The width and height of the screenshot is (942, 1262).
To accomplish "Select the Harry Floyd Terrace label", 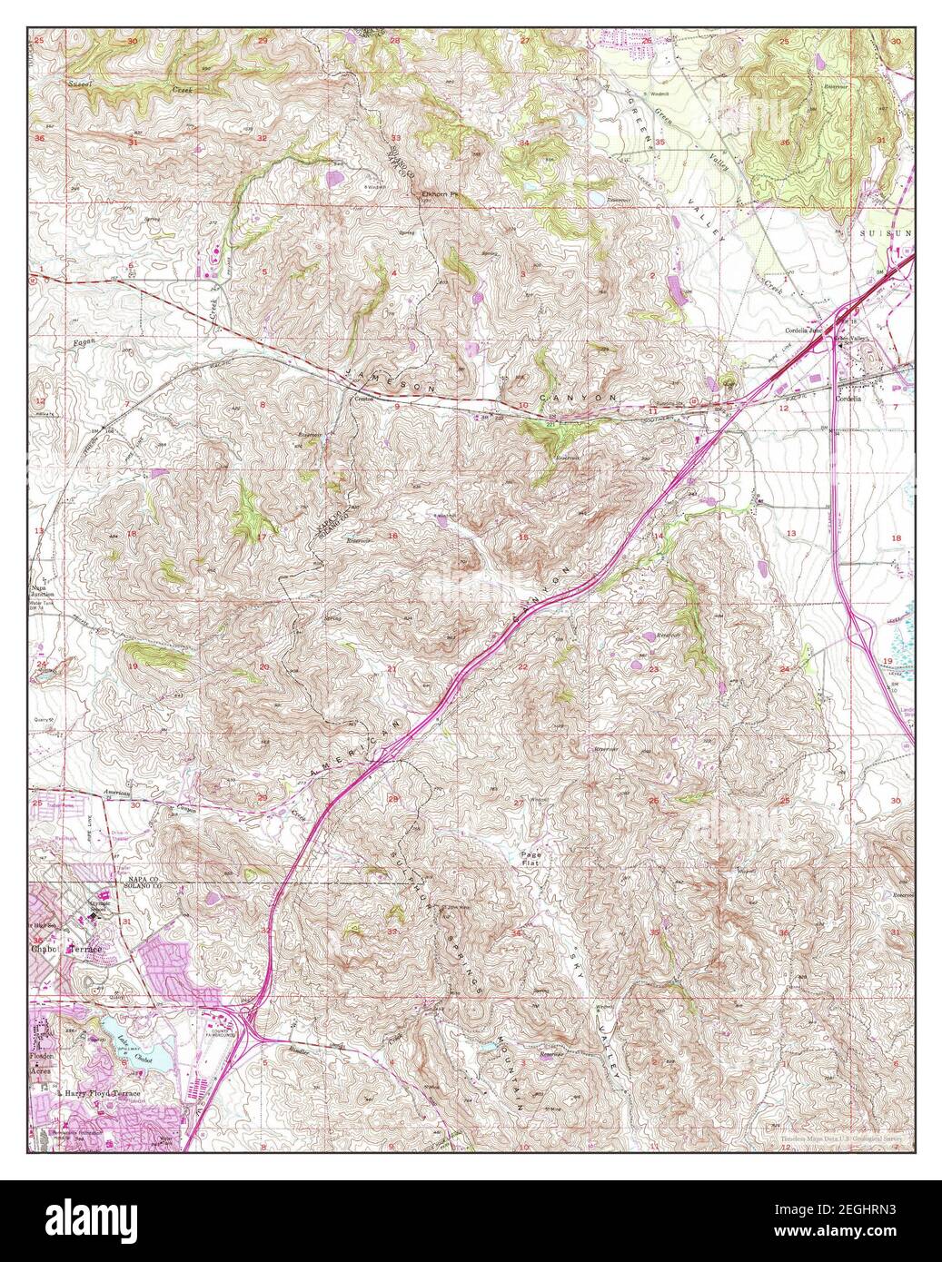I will tap(102, 1094).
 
